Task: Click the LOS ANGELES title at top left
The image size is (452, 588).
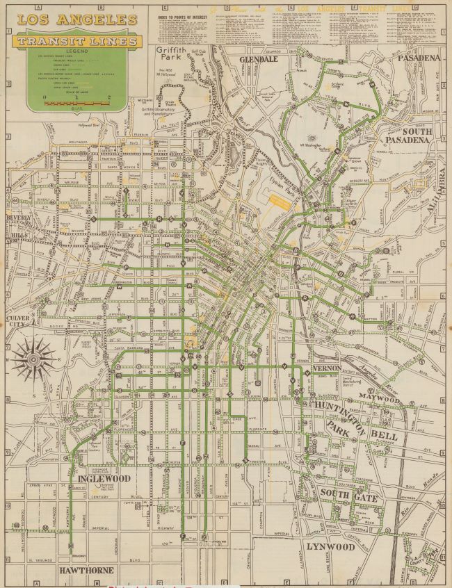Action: (x=76, y=19)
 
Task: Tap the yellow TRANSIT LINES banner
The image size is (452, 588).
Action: (x=78, y=42)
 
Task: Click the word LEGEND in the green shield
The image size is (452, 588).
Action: (x=77, y=51)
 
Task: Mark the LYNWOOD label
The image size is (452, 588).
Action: (x=330, y=546)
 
